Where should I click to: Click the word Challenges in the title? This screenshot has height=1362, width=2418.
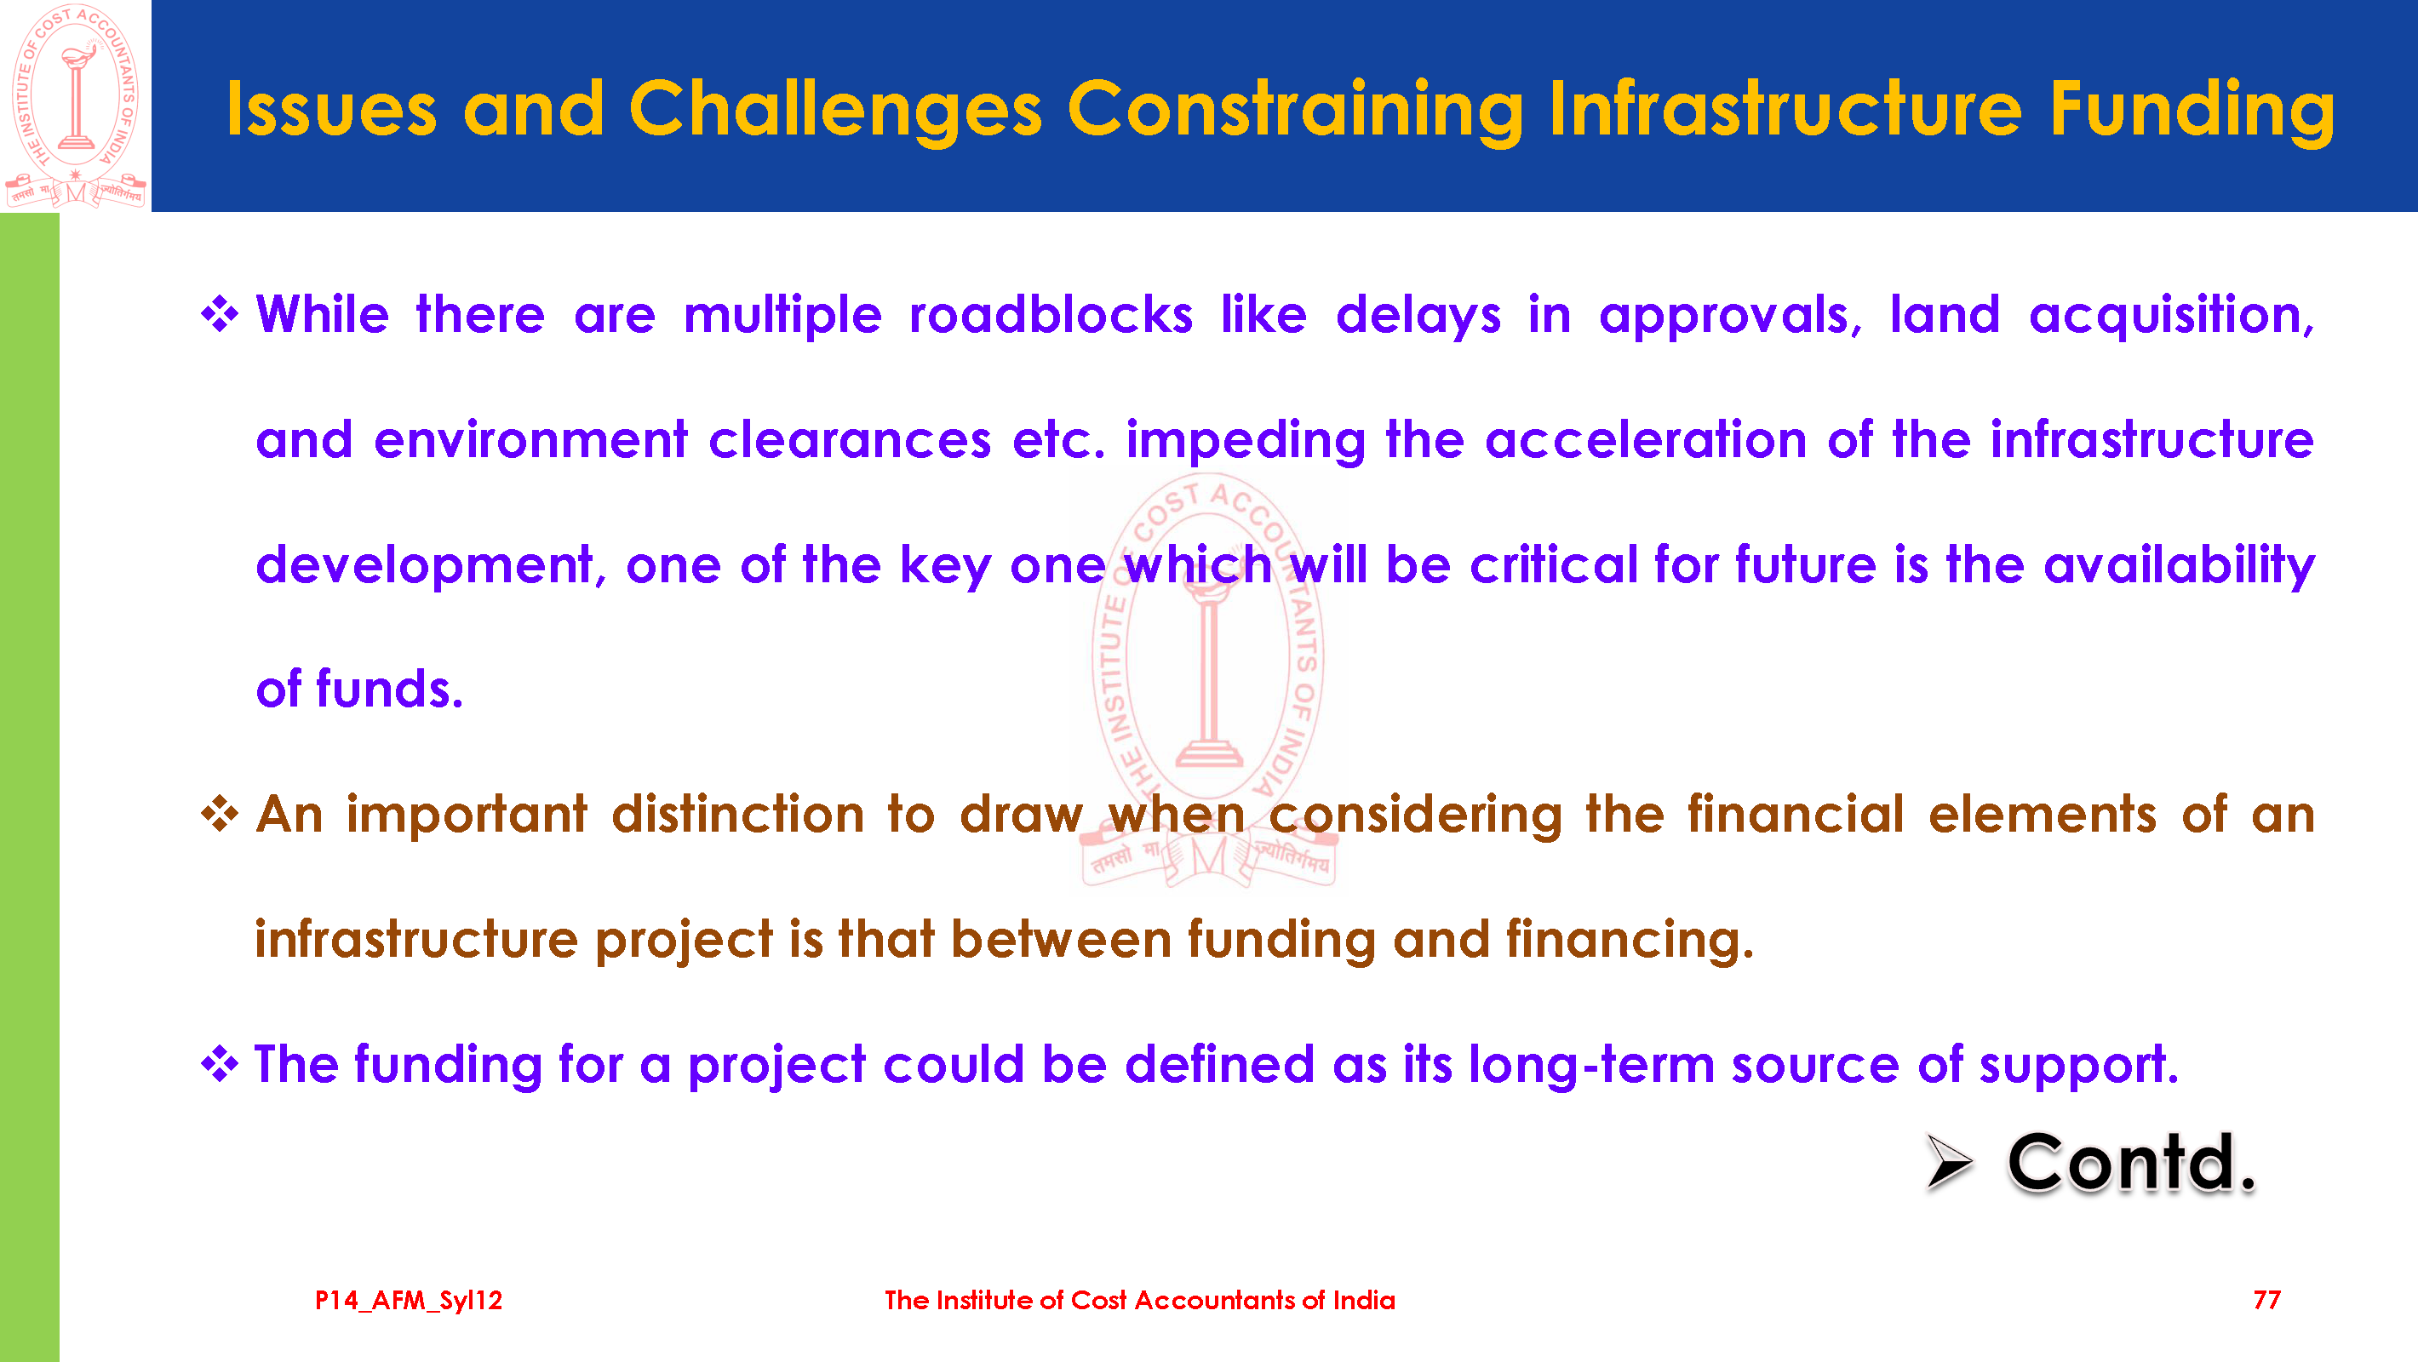[835, 110]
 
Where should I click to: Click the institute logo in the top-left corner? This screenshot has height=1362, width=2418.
[76, 106]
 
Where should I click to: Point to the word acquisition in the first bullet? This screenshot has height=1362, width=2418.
[2171, 316]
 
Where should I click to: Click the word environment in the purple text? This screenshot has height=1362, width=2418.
[530, 439]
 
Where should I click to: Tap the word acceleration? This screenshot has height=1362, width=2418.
[1646, 439]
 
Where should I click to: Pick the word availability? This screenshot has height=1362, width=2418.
[2179, 566]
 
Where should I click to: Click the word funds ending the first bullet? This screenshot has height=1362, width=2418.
[390, 689]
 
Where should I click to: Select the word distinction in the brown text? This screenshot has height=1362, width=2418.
[738, 814]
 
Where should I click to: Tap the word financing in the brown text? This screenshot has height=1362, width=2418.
[1630, 941]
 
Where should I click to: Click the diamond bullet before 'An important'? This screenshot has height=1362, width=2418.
[220, 814]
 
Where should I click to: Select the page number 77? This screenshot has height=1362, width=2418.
[2266, 1300]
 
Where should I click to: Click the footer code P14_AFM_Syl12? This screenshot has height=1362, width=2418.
[409, 1301]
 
